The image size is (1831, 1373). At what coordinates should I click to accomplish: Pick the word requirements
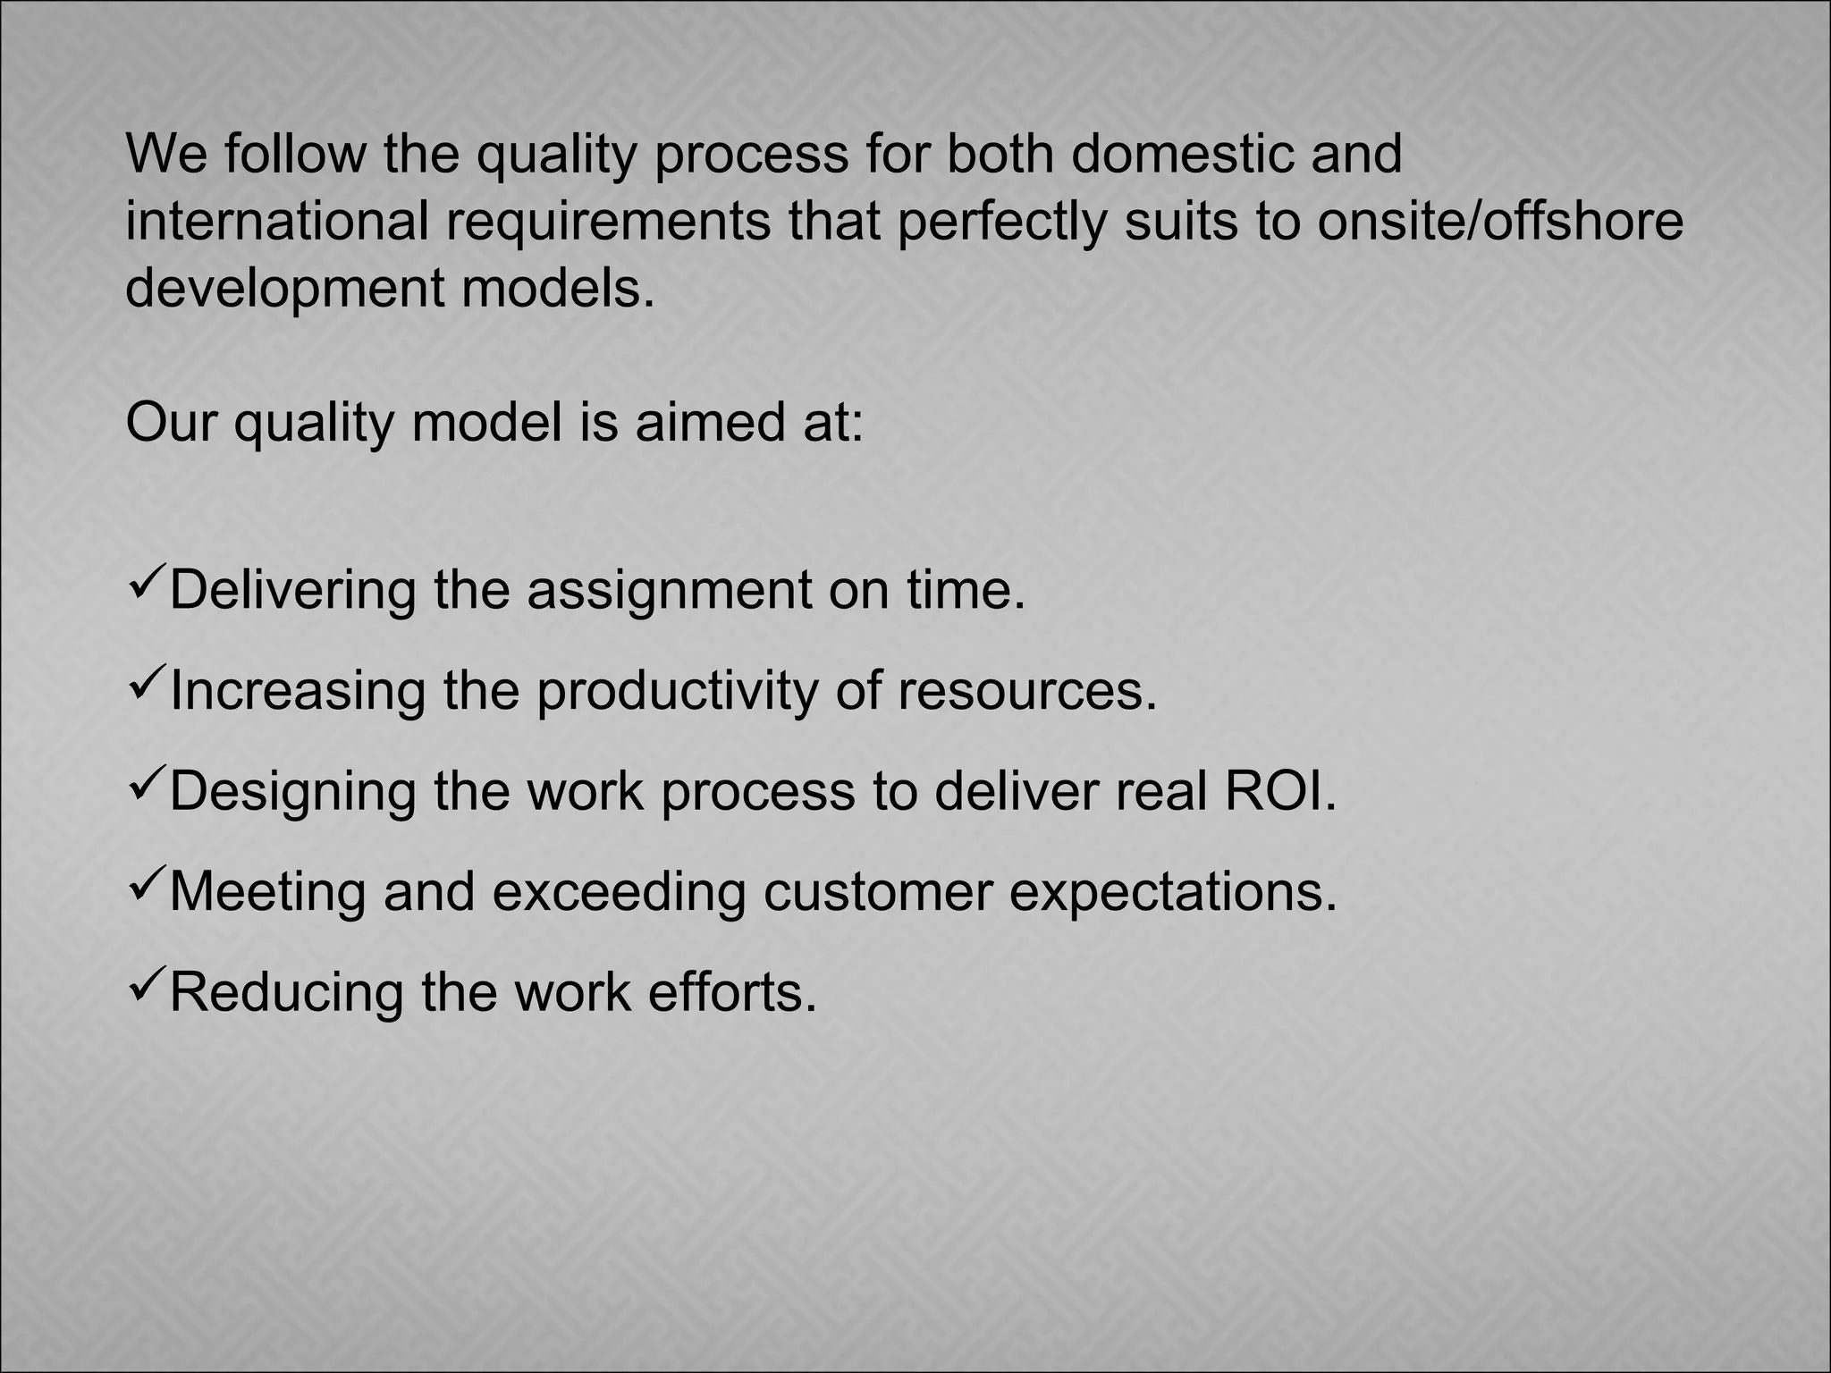tap(608, 223)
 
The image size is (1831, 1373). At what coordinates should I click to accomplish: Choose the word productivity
tap(678, 692)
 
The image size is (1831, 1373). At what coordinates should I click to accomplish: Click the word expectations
tap(1173, 893)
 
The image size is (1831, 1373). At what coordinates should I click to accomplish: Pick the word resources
tap(1027, 692)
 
